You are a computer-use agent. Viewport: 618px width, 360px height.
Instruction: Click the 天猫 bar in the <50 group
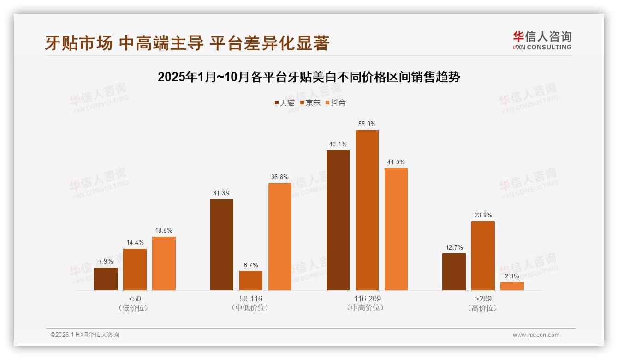pyautogui.click(x=106, y=279)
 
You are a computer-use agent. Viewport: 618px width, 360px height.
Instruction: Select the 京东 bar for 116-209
pyautogui.click(x=367, y=210)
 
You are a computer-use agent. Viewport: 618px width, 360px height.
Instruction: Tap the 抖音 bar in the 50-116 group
pyautogui.click(x=280, y=236)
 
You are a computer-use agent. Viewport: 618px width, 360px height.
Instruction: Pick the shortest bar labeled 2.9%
pyautogui.click(x=512, y=286)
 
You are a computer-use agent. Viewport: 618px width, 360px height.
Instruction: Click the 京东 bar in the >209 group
pyautogui.click(x=483, y=255)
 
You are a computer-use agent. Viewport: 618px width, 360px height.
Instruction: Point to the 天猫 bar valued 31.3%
pyautogui.click(x=222, y=245)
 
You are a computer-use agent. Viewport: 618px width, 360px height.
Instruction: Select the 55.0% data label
pyautogui.click(x=367, y=124)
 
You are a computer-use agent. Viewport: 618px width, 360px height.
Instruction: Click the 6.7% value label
pyautogui.click(x=251, y=265)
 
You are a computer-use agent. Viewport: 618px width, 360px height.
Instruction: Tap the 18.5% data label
pyautogui.click(x=164, y=231)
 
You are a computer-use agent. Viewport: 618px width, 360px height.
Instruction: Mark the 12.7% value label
pyautogui.click(x=454, y=247)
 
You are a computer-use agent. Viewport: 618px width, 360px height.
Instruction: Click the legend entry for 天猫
pyautogui.click(x=285, y=102)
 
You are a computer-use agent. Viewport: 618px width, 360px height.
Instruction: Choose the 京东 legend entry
pyautogui.click(x=310, y=102)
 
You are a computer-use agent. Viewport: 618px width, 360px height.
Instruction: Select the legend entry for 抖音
pyautogui.click(x=336, y=102)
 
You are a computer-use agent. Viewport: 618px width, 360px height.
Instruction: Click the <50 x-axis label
pyautogui.click(x=135, y=299)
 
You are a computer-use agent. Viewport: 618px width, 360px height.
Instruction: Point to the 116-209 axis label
pyautogui.click(x=367, y=299)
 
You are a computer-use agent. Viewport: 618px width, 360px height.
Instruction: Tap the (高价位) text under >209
pyautogui.click(x=483, y=308)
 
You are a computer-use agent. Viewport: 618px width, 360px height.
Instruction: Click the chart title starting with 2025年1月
pyautogui.click(x=309, y=77)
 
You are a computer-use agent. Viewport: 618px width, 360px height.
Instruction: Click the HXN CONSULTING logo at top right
pyautogui.click(x=542, y=41)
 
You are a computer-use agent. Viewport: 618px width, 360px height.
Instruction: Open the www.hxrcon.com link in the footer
pyautogui.click(x=536, y=335)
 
